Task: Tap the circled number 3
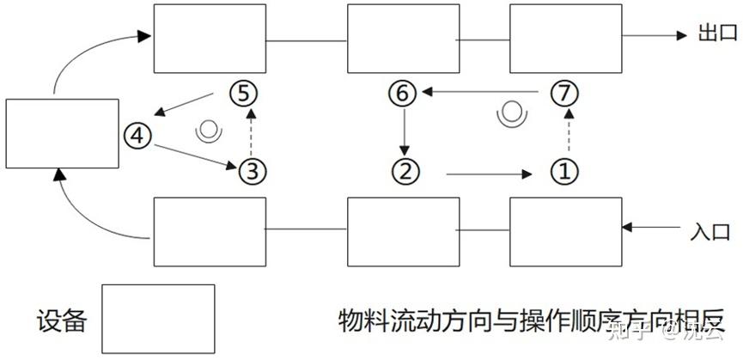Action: [249, 171]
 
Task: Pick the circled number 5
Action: [244, 92]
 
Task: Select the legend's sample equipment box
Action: [158, 319]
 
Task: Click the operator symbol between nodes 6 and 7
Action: [512, 113]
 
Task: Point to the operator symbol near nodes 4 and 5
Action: [207, 131]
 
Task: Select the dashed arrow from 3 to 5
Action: [249, 131]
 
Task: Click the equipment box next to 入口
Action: [566, 231]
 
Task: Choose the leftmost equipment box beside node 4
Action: [62, 133]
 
